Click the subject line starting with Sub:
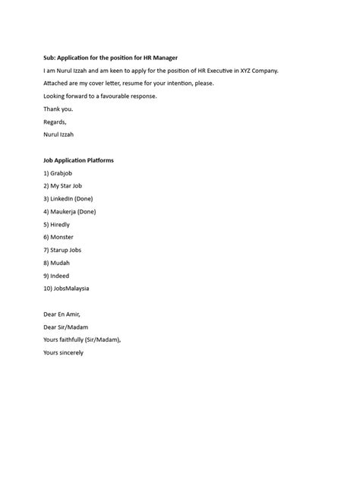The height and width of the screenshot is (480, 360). (x=111, y=58)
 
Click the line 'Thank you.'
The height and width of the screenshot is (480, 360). (x=58, y=109)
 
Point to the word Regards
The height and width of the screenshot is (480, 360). (x=55, y=122)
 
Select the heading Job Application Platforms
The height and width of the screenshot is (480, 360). (x=79, y=160)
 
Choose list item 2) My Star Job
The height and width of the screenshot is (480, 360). (x=63, y=186)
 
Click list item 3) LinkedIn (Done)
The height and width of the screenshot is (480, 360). (x=68, y=199)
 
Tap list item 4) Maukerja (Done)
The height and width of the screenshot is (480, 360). (x=70, y=212)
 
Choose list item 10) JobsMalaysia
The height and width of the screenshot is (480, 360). (x=67, y=289)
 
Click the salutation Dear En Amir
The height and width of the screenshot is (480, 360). (x=62, y=314)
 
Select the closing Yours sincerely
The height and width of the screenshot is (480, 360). (x=64, y=353)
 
